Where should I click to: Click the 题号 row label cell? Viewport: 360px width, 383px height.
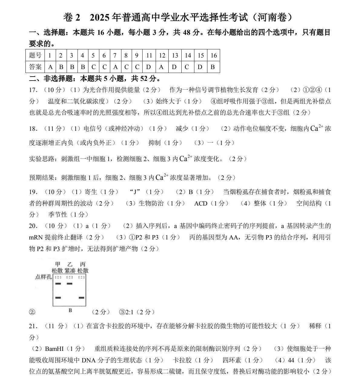[35, 55]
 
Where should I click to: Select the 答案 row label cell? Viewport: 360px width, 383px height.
[35, 67]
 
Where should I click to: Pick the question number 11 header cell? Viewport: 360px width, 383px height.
[149, 55]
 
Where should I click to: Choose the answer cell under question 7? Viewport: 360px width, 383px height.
[115, 67]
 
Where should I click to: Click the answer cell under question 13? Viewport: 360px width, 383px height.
[174, 67]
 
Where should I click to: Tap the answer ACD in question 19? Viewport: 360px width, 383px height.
[201, 203]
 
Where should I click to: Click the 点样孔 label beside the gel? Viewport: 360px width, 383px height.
[43, 277]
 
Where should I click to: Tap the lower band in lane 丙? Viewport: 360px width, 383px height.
[81, 298]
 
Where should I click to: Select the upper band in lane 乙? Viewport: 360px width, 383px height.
[70, 284]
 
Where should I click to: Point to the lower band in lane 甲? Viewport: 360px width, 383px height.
[58, 298]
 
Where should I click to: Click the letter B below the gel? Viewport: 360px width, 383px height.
[70, 310]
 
